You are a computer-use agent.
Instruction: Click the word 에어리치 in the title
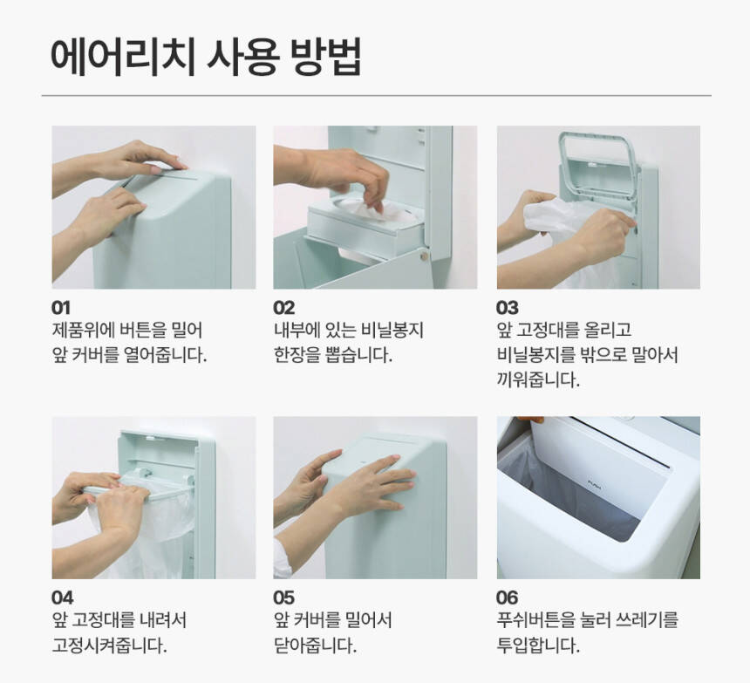[x=123, y=57]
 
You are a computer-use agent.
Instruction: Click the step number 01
[x=61, y=308]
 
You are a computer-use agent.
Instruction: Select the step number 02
[x=284, y=308]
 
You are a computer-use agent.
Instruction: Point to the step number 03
[x=507, y=308]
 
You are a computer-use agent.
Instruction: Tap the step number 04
[x=62, y=598]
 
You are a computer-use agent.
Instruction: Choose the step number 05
[x=284, y=598]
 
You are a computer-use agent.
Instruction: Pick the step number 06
[x=507, y=598]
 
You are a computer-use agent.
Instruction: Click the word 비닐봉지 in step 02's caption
[x=392, y=330]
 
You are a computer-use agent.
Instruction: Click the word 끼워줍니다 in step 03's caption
[x=538, y=380]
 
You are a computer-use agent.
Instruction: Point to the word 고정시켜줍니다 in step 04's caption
[x=109, y=645]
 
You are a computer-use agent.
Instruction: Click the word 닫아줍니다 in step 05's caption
[x=315, y=645]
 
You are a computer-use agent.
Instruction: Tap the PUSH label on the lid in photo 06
[x=594, y=487]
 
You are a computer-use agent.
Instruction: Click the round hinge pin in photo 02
[x=423, y=256]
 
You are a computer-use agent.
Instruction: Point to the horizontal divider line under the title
[x=377, y=96]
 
